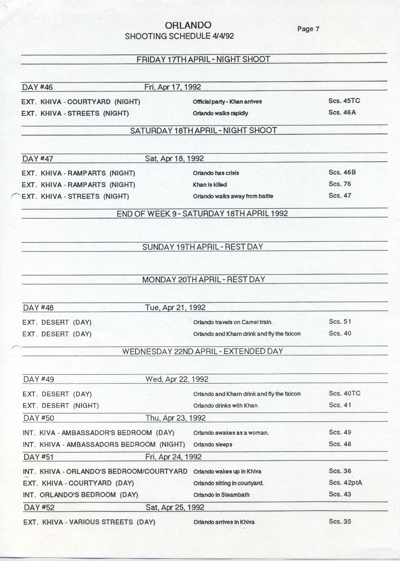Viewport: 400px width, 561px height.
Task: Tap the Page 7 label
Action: [x=308, y=29]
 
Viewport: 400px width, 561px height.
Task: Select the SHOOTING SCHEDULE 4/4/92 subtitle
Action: [x=179, y=36]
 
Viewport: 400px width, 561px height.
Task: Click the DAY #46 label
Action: [x=37, y=87]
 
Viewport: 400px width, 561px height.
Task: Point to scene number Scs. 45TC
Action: [x=344, y=101]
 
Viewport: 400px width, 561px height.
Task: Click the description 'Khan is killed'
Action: [x=210, y=185]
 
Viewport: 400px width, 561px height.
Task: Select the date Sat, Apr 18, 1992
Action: [x=174, y=158]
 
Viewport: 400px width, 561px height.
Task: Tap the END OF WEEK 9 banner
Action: [x=202, y=213]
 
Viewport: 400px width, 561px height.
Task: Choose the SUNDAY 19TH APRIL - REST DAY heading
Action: [x=202, y=247]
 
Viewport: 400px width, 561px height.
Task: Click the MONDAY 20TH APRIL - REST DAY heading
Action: [x=203, y=279]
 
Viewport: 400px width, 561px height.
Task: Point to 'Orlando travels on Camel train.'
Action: [x=233, y=322]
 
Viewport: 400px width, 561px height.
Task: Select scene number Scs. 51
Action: [x=340, y=321]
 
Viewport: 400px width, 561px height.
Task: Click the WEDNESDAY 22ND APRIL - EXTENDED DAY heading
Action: [x=202, y=351]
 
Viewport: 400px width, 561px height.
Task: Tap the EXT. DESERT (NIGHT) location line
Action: [x=60, y=405]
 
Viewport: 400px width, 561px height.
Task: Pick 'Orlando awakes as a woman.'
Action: [x=231, y=433]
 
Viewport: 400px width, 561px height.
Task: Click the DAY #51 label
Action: [x=39, y=457]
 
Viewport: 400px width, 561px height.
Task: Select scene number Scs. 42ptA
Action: [x=345, y=482]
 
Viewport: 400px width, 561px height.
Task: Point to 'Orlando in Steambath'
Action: [x=221, y=495]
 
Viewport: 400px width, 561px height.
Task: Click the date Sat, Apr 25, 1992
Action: [x=175, y=507]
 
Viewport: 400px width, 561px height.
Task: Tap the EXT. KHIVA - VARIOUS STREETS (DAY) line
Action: [x=89, y=522]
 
